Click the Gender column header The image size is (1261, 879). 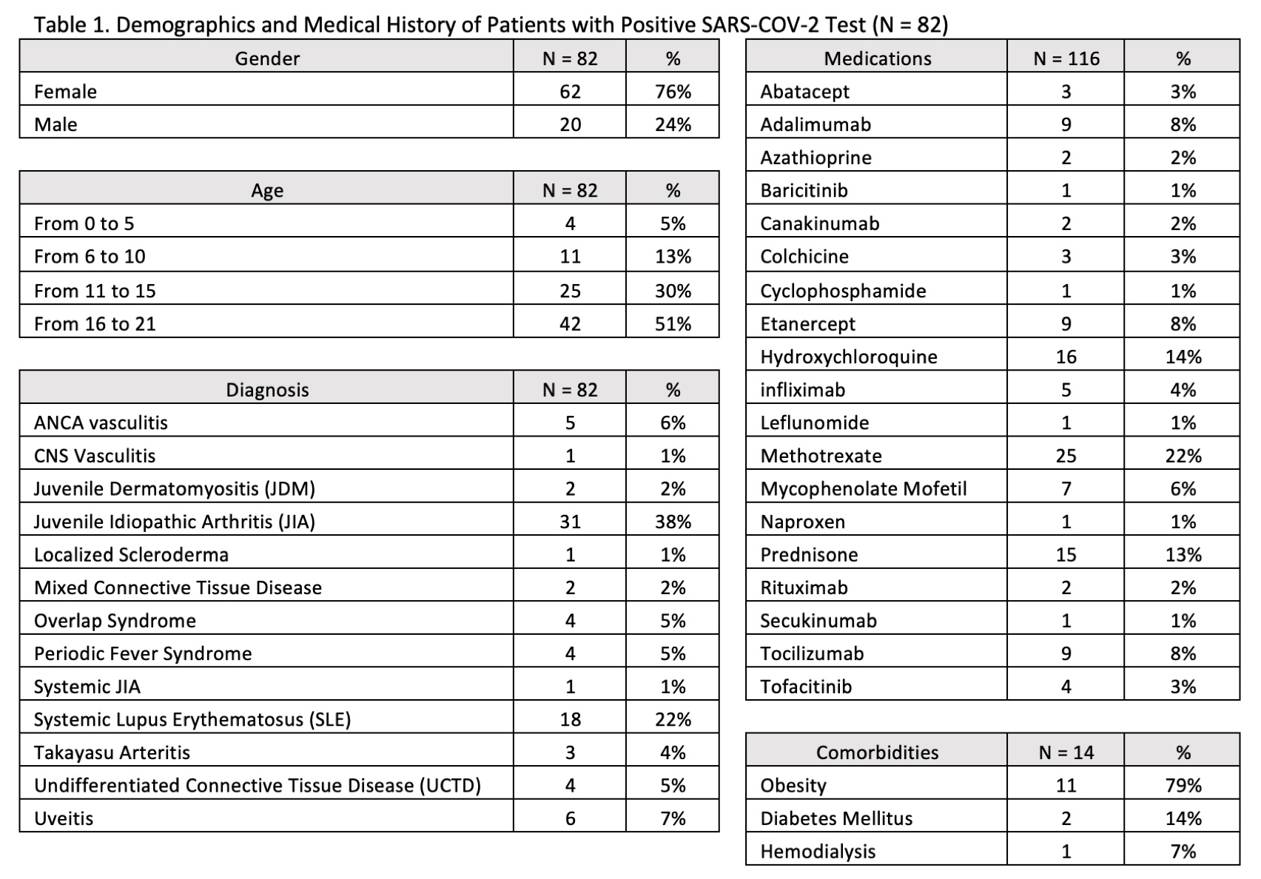pyautogui.click(x=267, y=58)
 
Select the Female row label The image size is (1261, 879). pyautogui.click(x=66, y=92)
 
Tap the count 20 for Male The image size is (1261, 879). pyautogui.click(x=570, y=124)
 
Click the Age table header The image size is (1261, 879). pyautogui.click(x=267, y=191)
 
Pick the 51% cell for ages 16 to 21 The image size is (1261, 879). pyautogui.click(x=673, y=324)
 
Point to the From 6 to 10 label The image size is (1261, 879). pyautogui.click(x=90, y=257)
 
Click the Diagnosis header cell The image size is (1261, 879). pyautogui.click(x=267, y=390)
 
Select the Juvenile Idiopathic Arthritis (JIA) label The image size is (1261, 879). pyautogui.click(x=175, y=522)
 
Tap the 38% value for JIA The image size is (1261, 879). pyautogui.click(x=673, y=522)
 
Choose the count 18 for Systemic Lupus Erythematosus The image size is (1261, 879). pyautogui.click(x=570, y=719)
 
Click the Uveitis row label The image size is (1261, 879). pyautogui.click(x=64, y=818)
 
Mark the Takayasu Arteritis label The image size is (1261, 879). pyautogui.click(x=112, y=752)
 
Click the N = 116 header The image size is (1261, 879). pyautogui.click(x=1066, y=58)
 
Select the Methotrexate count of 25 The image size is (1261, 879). pyautogui.click(x=1066, y=456)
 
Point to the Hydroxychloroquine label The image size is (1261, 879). pyautogui.click(x=849, y=357)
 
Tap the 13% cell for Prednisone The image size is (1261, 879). pyautogui.click(x=1183, y=555)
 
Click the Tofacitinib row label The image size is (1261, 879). pyautogui.click(x=806, y=687)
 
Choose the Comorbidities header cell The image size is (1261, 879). pyautogui.click(x=877, y=752)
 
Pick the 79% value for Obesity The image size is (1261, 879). pyautogui.click(x=1183, y=785)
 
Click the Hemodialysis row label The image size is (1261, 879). pyautogui.click(x=818, y=852)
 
